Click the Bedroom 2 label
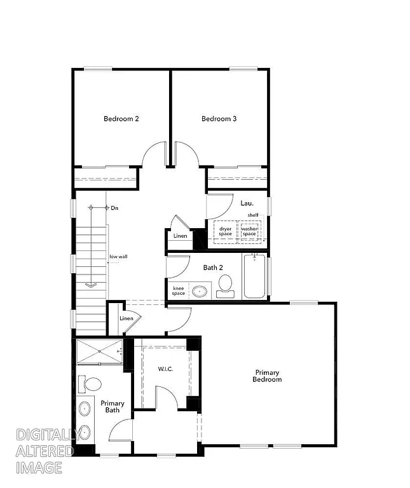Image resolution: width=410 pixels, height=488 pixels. [x=121, y=119]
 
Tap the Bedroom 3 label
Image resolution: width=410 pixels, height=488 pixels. [x=219, y=119]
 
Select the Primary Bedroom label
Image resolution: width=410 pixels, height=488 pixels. [x=268, y=376]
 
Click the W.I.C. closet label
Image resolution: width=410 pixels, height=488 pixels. [x=165, y=369]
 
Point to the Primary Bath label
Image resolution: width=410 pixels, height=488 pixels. [x=113, y=407]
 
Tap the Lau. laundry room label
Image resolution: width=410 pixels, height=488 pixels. [x=247, y=203]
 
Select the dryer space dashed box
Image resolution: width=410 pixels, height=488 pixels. [x=226, y=231]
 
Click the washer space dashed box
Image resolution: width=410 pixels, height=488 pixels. [x=249, y=231]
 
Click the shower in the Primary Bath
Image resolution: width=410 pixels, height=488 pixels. [x=99, y=352]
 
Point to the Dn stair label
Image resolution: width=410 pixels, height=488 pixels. [x=114, y=208]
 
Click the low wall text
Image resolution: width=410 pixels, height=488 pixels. [x=118, y=257]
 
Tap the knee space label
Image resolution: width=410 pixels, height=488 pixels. [x=179, y=290]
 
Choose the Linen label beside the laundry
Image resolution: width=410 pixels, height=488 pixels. [x=181, y=236]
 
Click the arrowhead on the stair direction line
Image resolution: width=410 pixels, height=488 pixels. [x=91, y=285]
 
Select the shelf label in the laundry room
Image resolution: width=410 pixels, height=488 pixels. [x=253, y=215]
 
